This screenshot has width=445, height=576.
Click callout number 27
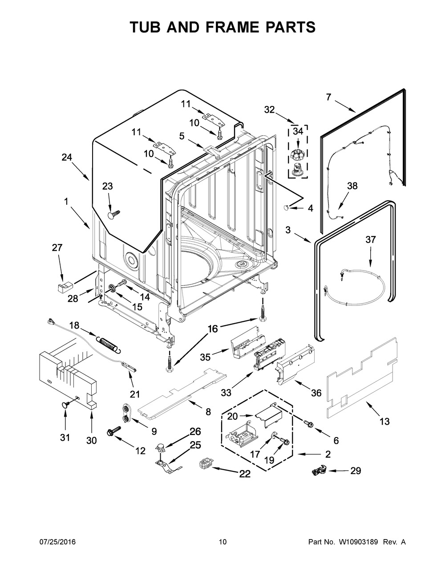point(57,247)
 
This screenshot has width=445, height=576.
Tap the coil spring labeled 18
point(109,344)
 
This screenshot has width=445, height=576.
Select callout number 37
point(371,239)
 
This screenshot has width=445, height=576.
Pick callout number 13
point(384,421)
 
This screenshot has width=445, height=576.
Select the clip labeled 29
point(320,471)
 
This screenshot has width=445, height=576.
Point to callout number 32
point(269,110)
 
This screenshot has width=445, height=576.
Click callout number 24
point(67,158)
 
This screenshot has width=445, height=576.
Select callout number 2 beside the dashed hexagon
point(328,454)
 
